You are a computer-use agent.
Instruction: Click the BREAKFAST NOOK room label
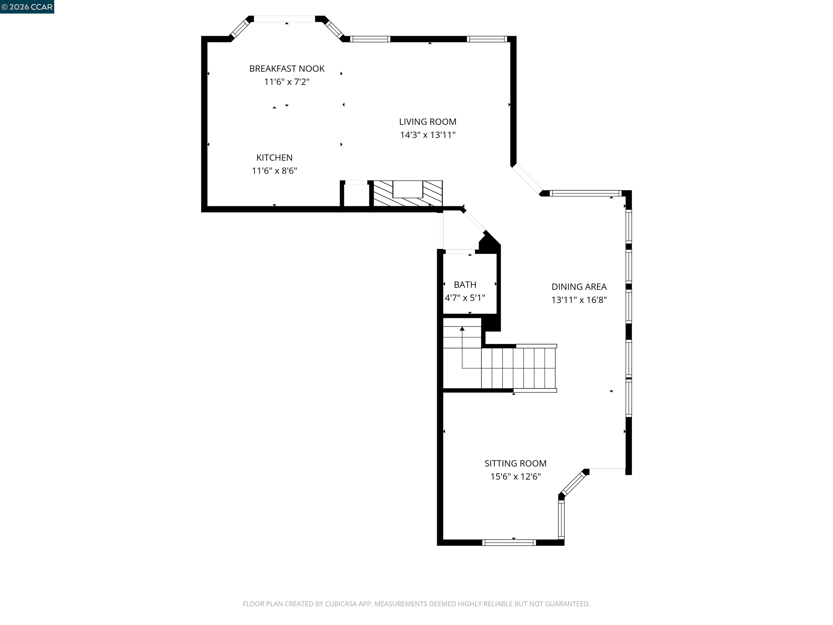tap(287, 69)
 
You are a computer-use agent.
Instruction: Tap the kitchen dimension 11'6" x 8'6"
tap(274, 171)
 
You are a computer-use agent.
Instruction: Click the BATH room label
tap(465, 285)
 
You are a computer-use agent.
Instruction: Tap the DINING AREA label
tap(579, 287)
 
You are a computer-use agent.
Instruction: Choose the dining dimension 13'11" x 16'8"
tap(579, 300)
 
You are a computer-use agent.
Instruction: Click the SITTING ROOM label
tap(515, 463)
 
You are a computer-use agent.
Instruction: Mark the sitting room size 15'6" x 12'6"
tap(515, 477)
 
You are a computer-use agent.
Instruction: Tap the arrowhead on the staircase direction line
tap(462, 329)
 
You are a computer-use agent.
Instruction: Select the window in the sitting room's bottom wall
tap(509, 543)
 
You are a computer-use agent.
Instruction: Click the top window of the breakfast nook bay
tap(284, 19)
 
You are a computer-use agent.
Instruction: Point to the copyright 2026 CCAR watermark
tap(27, 7)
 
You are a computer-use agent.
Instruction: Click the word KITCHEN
tap(274, 158)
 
